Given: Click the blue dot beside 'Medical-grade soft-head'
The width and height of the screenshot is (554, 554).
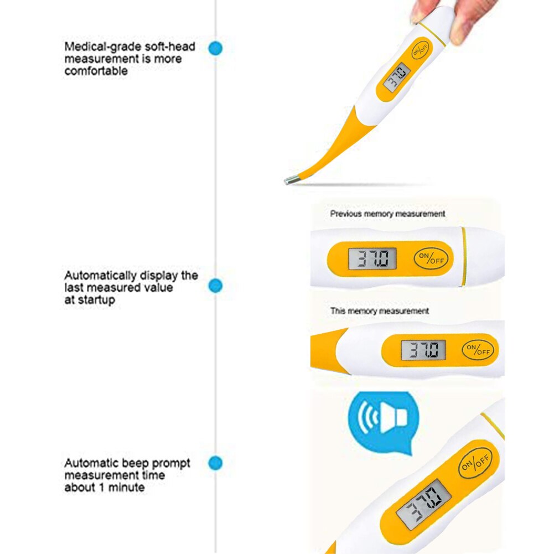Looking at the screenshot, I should (215, 48).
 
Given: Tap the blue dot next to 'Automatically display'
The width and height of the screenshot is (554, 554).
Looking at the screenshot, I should (215, 286).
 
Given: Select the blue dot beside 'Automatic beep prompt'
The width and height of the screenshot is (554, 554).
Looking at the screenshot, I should (215, 463).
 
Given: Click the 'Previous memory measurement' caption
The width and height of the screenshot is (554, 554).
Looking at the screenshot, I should (387, 214).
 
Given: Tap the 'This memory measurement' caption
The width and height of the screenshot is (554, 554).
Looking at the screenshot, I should (380, 311).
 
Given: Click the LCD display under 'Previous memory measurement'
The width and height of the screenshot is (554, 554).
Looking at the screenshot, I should (372, 258).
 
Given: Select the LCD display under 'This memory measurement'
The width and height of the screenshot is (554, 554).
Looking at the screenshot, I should (423, 350).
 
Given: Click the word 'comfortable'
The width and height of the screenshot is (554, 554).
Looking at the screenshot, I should (96, 71).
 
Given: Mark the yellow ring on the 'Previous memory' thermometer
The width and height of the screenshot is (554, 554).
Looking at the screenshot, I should (463, 256).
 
